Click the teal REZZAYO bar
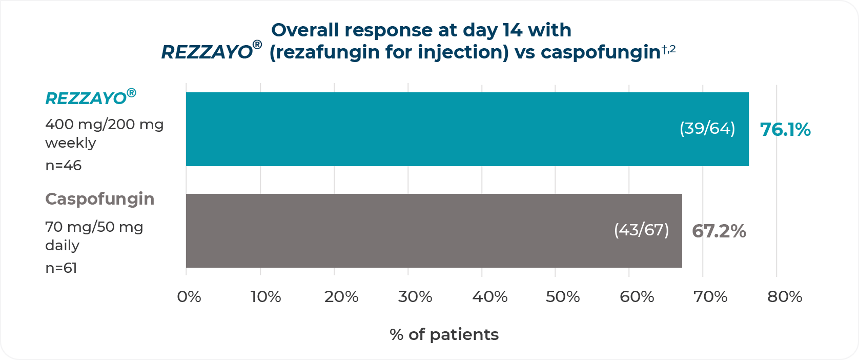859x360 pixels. pyautogui.click(x=467, y=129)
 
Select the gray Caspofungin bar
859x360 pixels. pyautogui.click(x=434, y=231)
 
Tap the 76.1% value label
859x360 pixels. pyautogui.click(x=785, y=130)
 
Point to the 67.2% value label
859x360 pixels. pyautogui.click(x=719, y=231)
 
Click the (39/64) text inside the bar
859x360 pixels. pyautogui.click(x=707, y=128)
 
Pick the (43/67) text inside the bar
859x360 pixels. pyautogui.click(x=641, y=230)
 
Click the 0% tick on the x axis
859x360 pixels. pyautogui.click(x=189, y=297)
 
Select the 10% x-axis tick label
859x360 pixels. pyautogui.click(x=266, y=297)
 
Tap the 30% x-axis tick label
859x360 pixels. pyautogui.click(x=415, y=297)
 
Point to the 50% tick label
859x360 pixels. pyautogui.click(x=563, y=297)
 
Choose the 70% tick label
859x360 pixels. pyautogui.click(x=710, y=297)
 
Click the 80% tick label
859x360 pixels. pyautogui.click(x=785, y=297)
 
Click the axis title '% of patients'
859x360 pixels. pyautogui.click(x=444, y=335)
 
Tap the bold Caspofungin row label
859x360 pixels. pyautogui.click(x=100, y=199)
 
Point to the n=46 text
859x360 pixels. pyautogui.click(x=63, y=166)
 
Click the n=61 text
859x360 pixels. pyautogui.click(x=61, y=268)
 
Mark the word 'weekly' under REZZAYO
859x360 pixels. pyautogui.click(x=71, y=143)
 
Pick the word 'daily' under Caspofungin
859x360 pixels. pyautogui.click(x=62, y=245)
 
